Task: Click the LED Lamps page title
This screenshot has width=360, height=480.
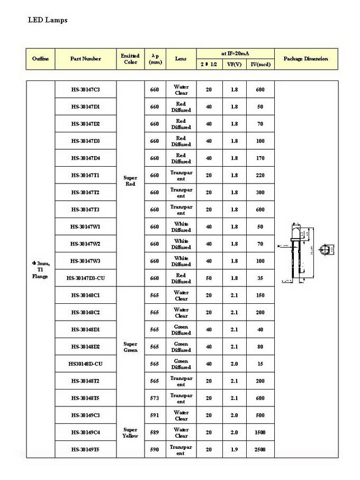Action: [47, 20]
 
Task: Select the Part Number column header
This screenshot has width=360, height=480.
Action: [85, 59]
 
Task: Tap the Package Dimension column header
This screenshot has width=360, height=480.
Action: [305, 59]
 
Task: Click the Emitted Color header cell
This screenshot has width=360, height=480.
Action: [130, 59]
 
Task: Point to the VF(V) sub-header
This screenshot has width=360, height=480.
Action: [234, 64]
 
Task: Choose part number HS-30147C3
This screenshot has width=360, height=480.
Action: [85, 89]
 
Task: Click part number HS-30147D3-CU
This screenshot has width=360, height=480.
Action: [85, 278]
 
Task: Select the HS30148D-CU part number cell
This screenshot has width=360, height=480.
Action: [85, 364]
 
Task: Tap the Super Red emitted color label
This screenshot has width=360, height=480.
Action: [130, 181]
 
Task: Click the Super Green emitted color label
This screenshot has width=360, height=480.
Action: [130, 347]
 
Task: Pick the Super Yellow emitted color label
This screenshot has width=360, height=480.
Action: [130, 433]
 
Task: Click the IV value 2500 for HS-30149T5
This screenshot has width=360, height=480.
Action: [260, 450]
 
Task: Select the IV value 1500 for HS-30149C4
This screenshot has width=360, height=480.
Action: [260, 433]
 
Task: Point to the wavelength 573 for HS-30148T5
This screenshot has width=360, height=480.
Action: [154, 399]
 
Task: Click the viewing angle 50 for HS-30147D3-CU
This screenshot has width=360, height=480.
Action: [209, 278]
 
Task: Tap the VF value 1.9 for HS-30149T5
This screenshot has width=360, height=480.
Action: [234, 450]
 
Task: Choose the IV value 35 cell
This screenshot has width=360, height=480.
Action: [260, 278]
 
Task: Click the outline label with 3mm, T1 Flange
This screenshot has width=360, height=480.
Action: [40, 269]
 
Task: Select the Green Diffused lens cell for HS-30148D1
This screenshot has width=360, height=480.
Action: [181, 330]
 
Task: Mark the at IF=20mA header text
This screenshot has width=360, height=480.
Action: [235, 53]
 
